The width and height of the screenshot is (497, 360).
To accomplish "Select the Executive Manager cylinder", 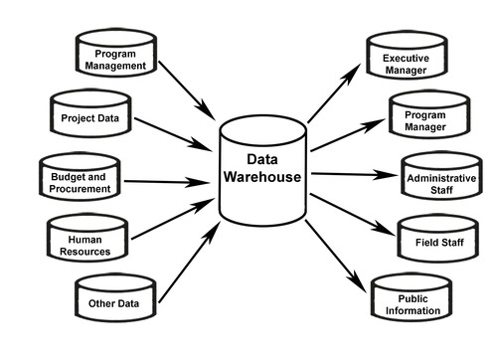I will [x=406, y=64].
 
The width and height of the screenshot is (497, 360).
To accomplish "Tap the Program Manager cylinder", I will [x=424, y=119].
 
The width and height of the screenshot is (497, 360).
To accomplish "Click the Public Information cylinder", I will [x=412, y=302].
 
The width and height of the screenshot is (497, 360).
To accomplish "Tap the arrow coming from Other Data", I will [x=189, y=263].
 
